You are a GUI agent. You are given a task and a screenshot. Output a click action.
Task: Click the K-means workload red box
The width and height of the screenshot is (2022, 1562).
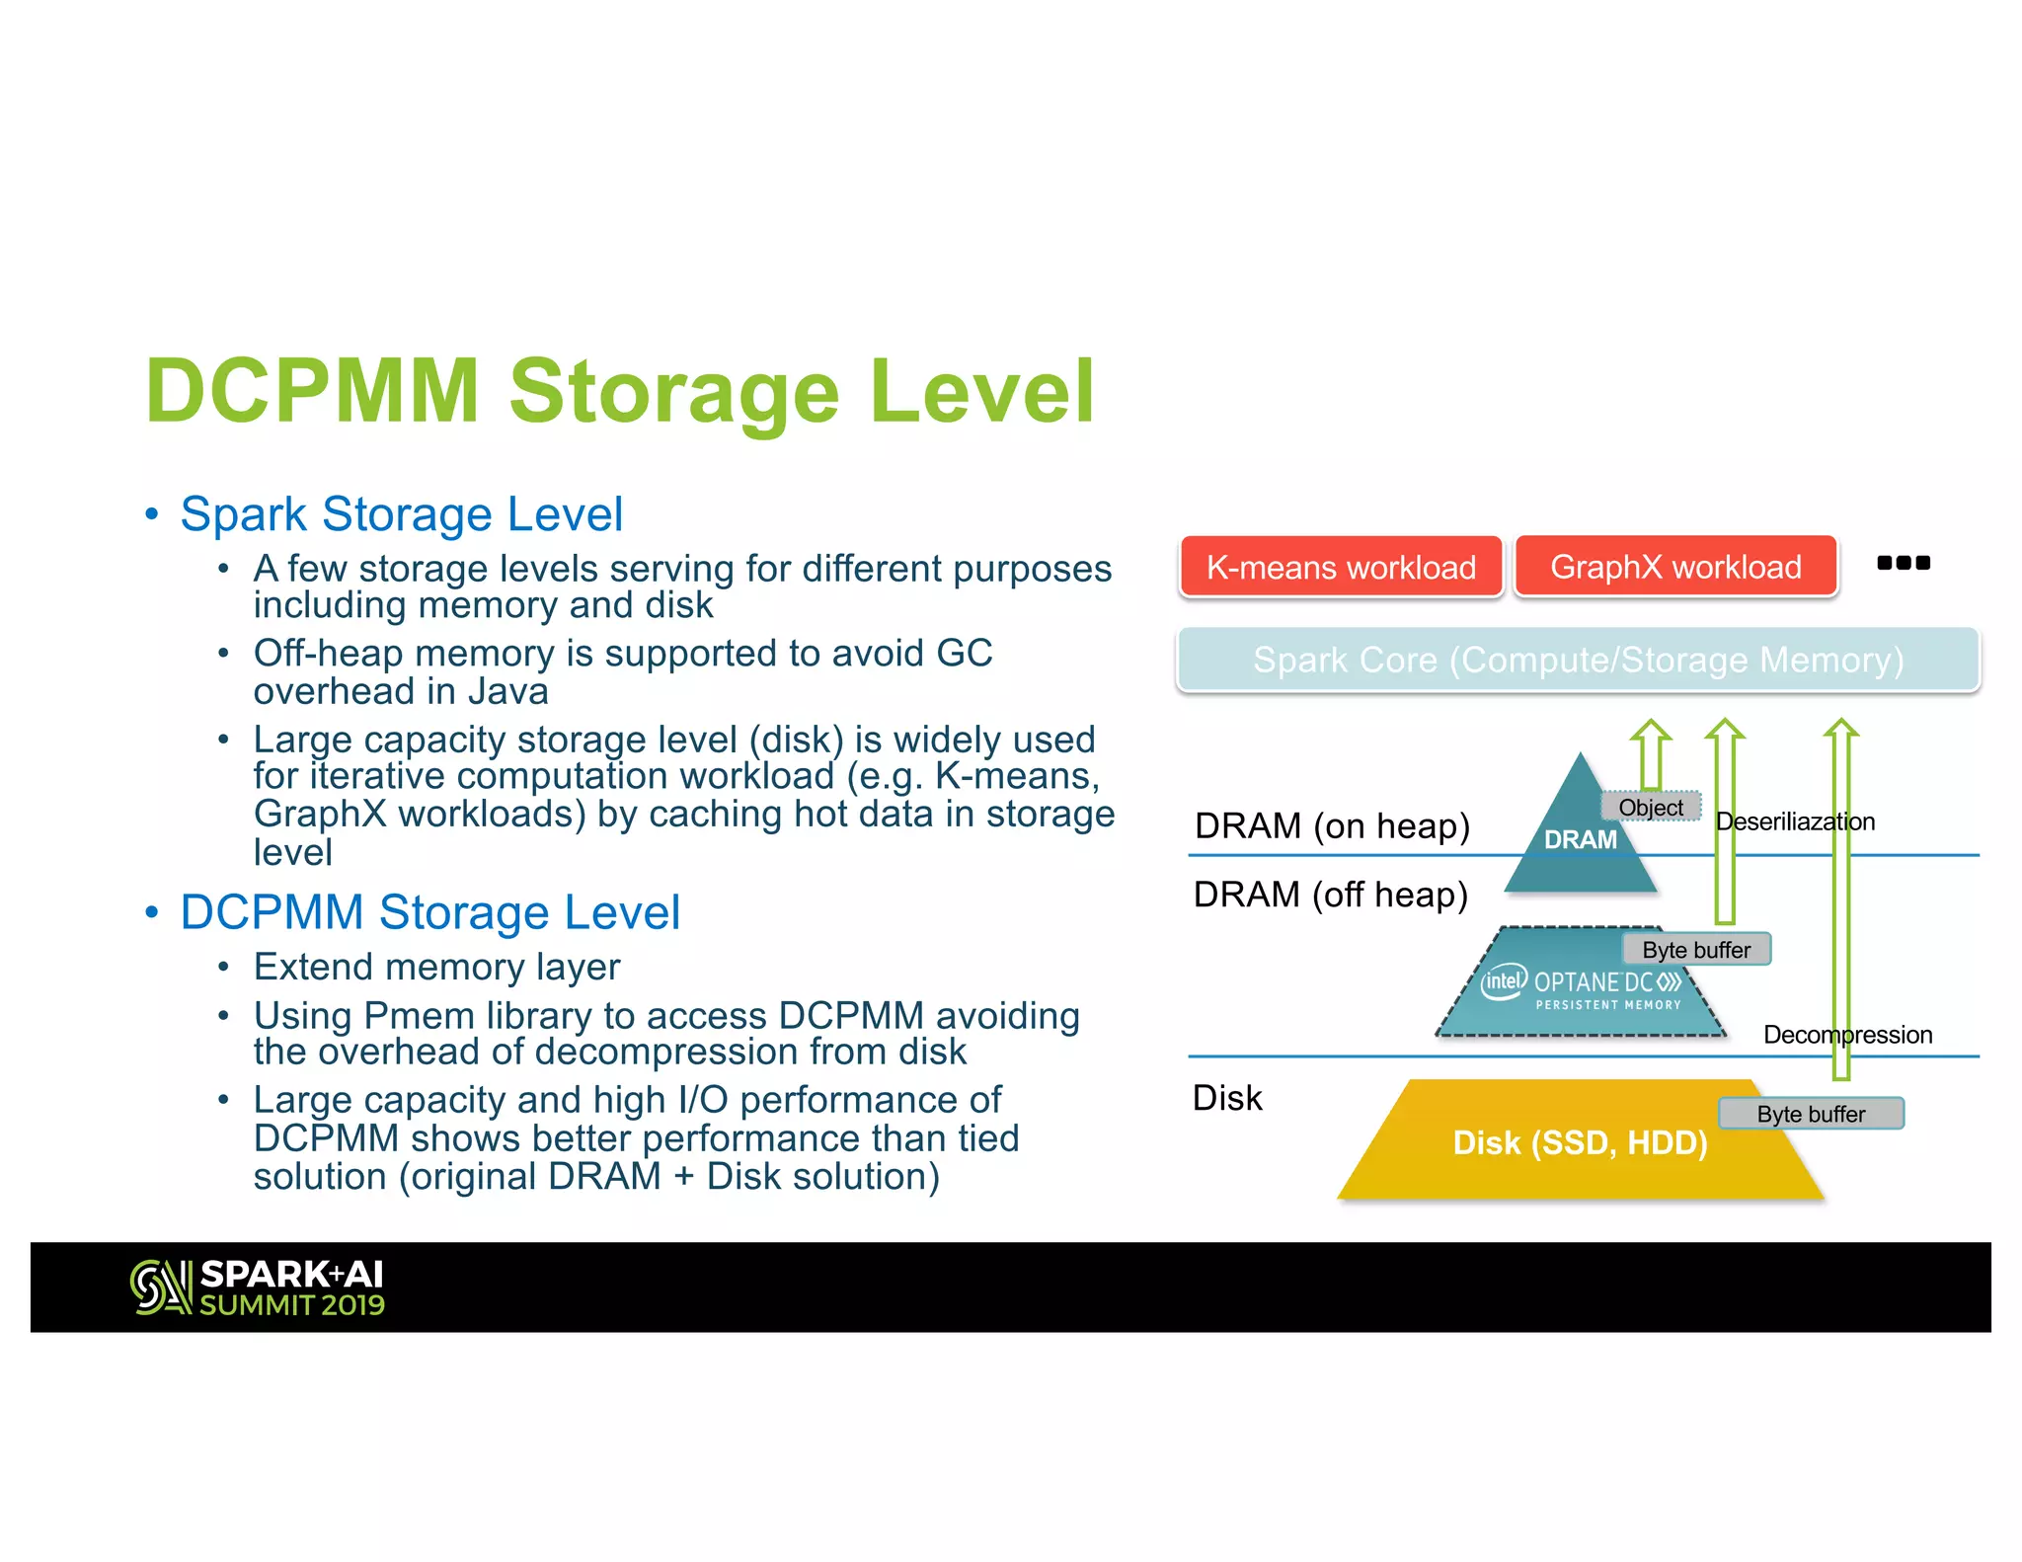coord(1341,567)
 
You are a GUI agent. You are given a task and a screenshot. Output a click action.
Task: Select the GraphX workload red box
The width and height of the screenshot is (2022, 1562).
coord(1675,567)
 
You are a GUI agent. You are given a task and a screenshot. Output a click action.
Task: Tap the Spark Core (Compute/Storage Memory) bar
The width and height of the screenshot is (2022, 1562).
coord(1578,660)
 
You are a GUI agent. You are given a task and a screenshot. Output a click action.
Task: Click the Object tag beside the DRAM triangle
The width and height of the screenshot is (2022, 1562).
coord(1651,808)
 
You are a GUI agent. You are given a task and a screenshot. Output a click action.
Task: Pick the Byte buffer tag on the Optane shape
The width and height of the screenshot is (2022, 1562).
coord(1696,950)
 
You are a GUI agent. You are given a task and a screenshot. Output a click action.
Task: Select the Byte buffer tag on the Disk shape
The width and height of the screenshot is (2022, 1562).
coord(1811,1114)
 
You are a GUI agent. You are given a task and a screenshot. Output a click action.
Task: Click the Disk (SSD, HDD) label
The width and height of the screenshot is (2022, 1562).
coord(1580,1143)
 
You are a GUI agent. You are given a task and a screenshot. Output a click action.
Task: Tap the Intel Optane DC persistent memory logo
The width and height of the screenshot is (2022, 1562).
coord(1581,987)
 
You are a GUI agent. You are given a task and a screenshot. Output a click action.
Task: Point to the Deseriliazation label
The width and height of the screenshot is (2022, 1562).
coord(1795,821)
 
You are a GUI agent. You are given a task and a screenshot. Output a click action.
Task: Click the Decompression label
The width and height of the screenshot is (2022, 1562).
coord(1847,1035)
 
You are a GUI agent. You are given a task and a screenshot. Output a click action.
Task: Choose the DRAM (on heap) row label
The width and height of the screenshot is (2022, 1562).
coord(1332,825)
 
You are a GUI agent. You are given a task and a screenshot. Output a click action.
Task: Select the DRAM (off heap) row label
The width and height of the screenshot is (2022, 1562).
coord(1330,895)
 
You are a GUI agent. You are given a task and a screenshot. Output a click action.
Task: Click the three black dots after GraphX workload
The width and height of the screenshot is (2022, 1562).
coord(1903,563)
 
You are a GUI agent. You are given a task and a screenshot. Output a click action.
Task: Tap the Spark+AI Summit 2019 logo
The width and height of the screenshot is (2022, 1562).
coord(258,1288)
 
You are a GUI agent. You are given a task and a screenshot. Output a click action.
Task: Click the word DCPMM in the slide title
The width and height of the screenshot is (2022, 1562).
coord(312,391)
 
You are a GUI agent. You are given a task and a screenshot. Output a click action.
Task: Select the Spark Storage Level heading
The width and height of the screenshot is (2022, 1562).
coord(401,514)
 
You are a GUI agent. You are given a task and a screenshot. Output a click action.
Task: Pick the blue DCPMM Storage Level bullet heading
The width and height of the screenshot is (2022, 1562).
coord(429,912)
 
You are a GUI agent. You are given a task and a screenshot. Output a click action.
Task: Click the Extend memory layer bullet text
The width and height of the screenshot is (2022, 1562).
coord(436,967)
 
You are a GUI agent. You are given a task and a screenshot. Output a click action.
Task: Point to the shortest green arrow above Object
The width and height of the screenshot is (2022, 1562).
coord(1651,754)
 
